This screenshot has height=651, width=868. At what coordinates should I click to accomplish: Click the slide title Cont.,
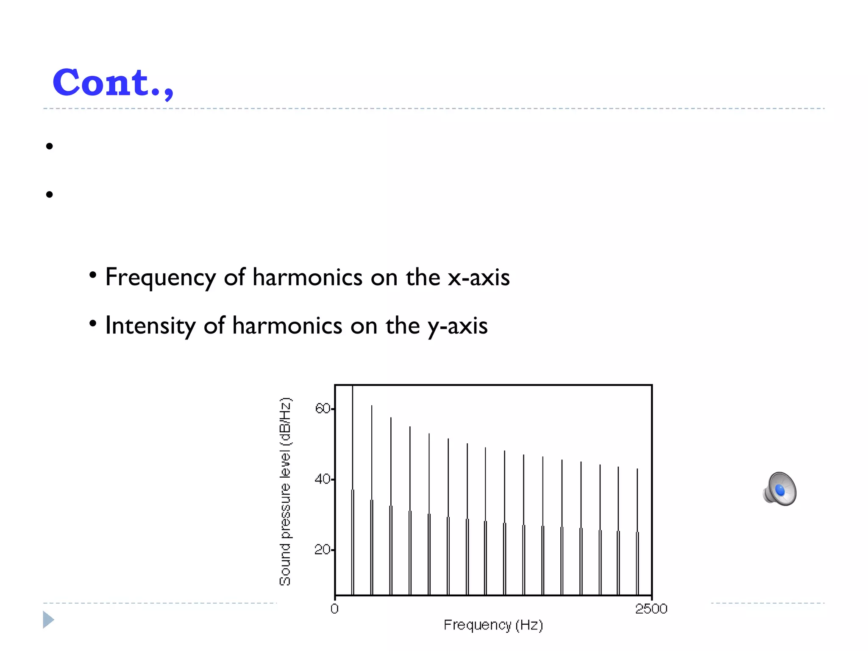point(113,83)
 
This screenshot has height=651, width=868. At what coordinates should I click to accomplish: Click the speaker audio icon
point(780,490)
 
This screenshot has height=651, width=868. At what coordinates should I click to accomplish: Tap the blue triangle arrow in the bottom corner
point(48,620)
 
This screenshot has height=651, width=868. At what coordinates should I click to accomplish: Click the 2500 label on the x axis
point(651,609)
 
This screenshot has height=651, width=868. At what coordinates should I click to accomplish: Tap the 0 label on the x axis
point(334,609)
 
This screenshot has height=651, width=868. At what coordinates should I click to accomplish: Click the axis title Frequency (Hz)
point(493,625)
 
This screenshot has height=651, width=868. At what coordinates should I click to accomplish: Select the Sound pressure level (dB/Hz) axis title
point(285,492)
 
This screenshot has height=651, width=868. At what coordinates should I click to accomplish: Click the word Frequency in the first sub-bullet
point(161,278)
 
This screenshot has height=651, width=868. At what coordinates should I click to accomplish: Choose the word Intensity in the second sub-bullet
point(150,326)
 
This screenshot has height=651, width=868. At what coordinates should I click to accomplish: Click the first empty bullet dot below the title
point(50,146)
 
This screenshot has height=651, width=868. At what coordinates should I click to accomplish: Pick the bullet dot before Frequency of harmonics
point(93,276)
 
